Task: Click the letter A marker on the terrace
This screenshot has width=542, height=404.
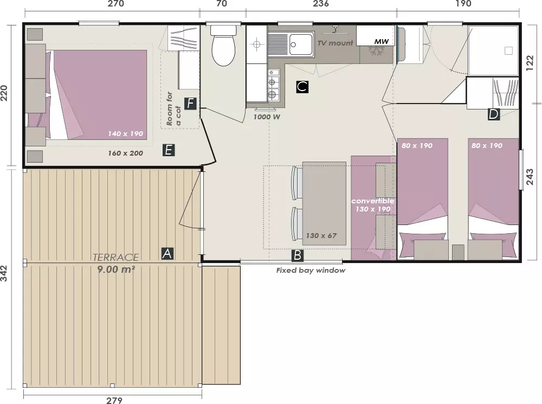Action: pyautogui.click(x=167, y=254)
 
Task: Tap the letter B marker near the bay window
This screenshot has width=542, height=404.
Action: pyautogui.click(x=297, y=255)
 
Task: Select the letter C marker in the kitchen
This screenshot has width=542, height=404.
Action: pyautogui.click(x=302, y=86)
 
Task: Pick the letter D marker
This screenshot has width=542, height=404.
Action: pyautogui.click(x=493, y=114)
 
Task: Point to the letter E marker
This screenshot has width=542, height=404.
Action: pyautogui.click(x=169, y=150)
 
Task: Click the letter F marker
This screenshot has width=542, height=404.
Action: pyautogui.click(x=190, y=104)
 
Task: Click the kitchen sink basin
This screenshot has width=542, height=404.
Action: pyautogui.click(x=301, y=44)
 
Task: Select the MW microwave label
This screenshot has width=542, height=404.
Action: pyautogui.click(x=382, y=42)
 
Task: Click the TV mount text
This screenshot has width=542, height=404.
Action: pyautogui.click(x=335, y=43)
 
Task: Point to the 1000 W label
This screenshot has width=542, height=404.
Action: pyautogui.click(x=267, y=117)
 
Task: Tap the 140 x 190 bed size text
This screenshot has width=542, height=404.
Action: pyautogui.click(x=126, y=134)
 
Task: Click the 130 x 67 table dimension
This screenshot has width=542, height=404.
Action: pyautogui.click(x=321, y=236)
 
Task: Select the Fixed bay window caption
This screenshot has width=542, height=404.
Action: pyautogui.click(x=311, y=271)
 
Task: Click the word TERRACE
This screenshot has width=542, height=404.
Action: pyautogui.click(x=115, y=258)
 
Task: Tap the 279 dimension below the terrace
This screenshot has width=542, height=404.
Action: pyautogui.click(x=114, y=400)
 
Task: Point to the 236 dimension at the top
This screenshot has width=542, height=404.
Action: pyautogui.click(x=321, y=4)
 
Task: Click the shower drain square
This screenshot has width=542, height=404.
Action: pyautogui.click(x=508, y=51)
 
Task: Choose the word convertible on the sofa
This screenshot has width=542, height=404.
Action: pyautogui.click(x=373, y=201)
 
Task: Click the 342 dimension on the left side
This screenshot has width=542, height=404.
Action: pyautogui.click(x=4, y=273)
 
